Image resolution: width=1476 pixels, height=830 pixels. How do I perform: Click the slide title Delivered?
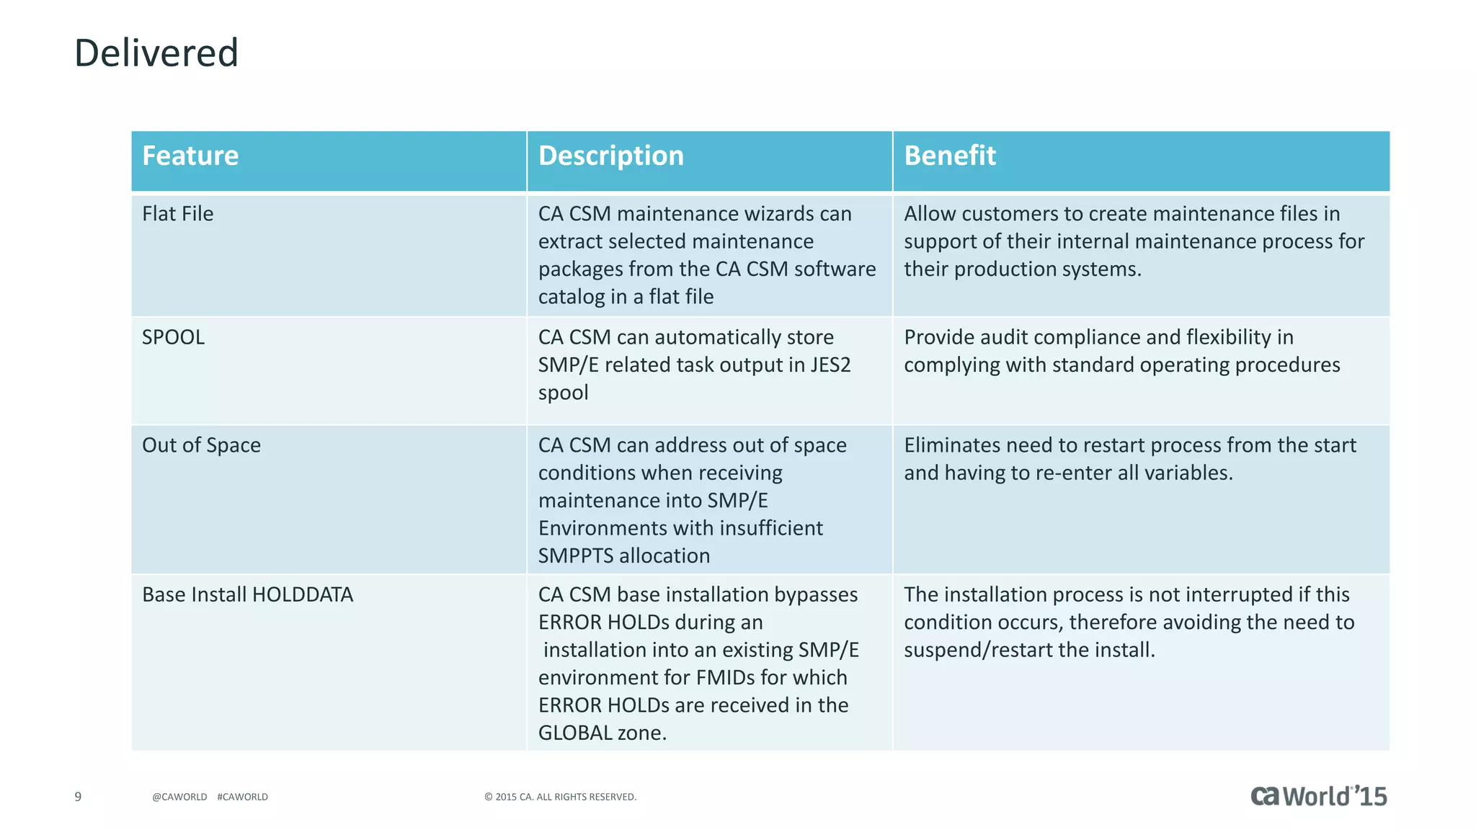156,53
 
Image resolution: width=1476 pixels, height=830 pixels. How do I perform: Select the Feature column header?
190,156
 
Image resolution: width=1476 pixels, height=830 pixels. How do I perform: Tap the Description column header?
610,156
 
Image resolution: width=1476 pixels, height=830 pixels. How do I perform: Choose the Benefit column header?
949,156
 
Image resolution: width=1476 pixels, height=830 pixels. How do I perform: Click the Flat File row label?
177,214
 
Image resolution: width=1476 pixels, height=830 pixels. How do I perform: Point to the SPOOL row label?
173,337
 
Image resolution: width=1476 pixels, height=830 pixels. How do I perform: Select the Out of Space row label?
201,445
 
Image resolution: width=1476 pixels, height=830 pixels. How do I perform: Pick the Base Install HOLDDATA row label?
247,594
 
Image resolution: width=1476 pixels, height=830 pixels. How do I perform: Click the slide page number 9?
78,797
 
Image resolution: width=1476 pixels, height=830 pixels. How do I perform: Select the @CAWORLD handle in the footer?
179,797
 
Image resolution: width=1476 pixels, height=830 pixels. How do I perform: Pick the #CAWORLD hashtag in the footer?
242,797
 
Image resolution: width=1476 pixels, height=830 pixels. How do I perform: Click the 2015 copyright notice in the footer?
560,797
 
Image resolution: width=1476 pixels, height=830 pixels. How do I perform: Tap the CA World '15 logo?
1318,796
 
